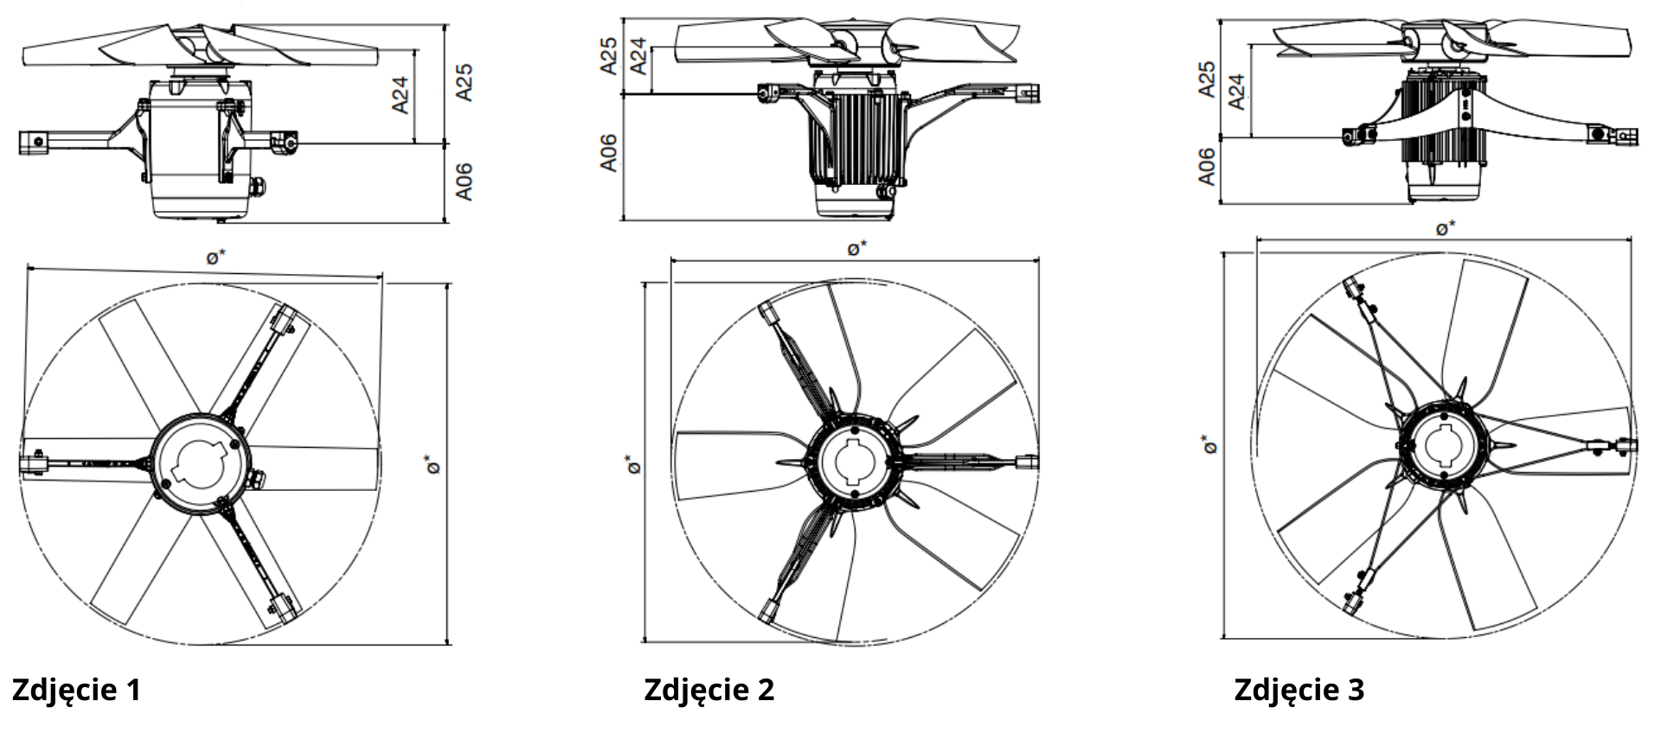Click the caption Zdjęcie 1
76,690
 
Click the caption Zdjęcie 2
709,690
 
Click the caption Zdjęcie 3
1299,690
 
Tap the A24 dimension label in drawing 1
400,95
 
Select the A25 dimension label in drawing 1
465,83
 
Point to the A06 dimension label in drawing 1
465,182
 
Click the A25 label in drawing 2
609,55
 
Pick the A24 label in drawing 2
638,55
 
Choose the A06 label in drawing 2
609,153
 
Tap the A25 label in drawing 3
1207,79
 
